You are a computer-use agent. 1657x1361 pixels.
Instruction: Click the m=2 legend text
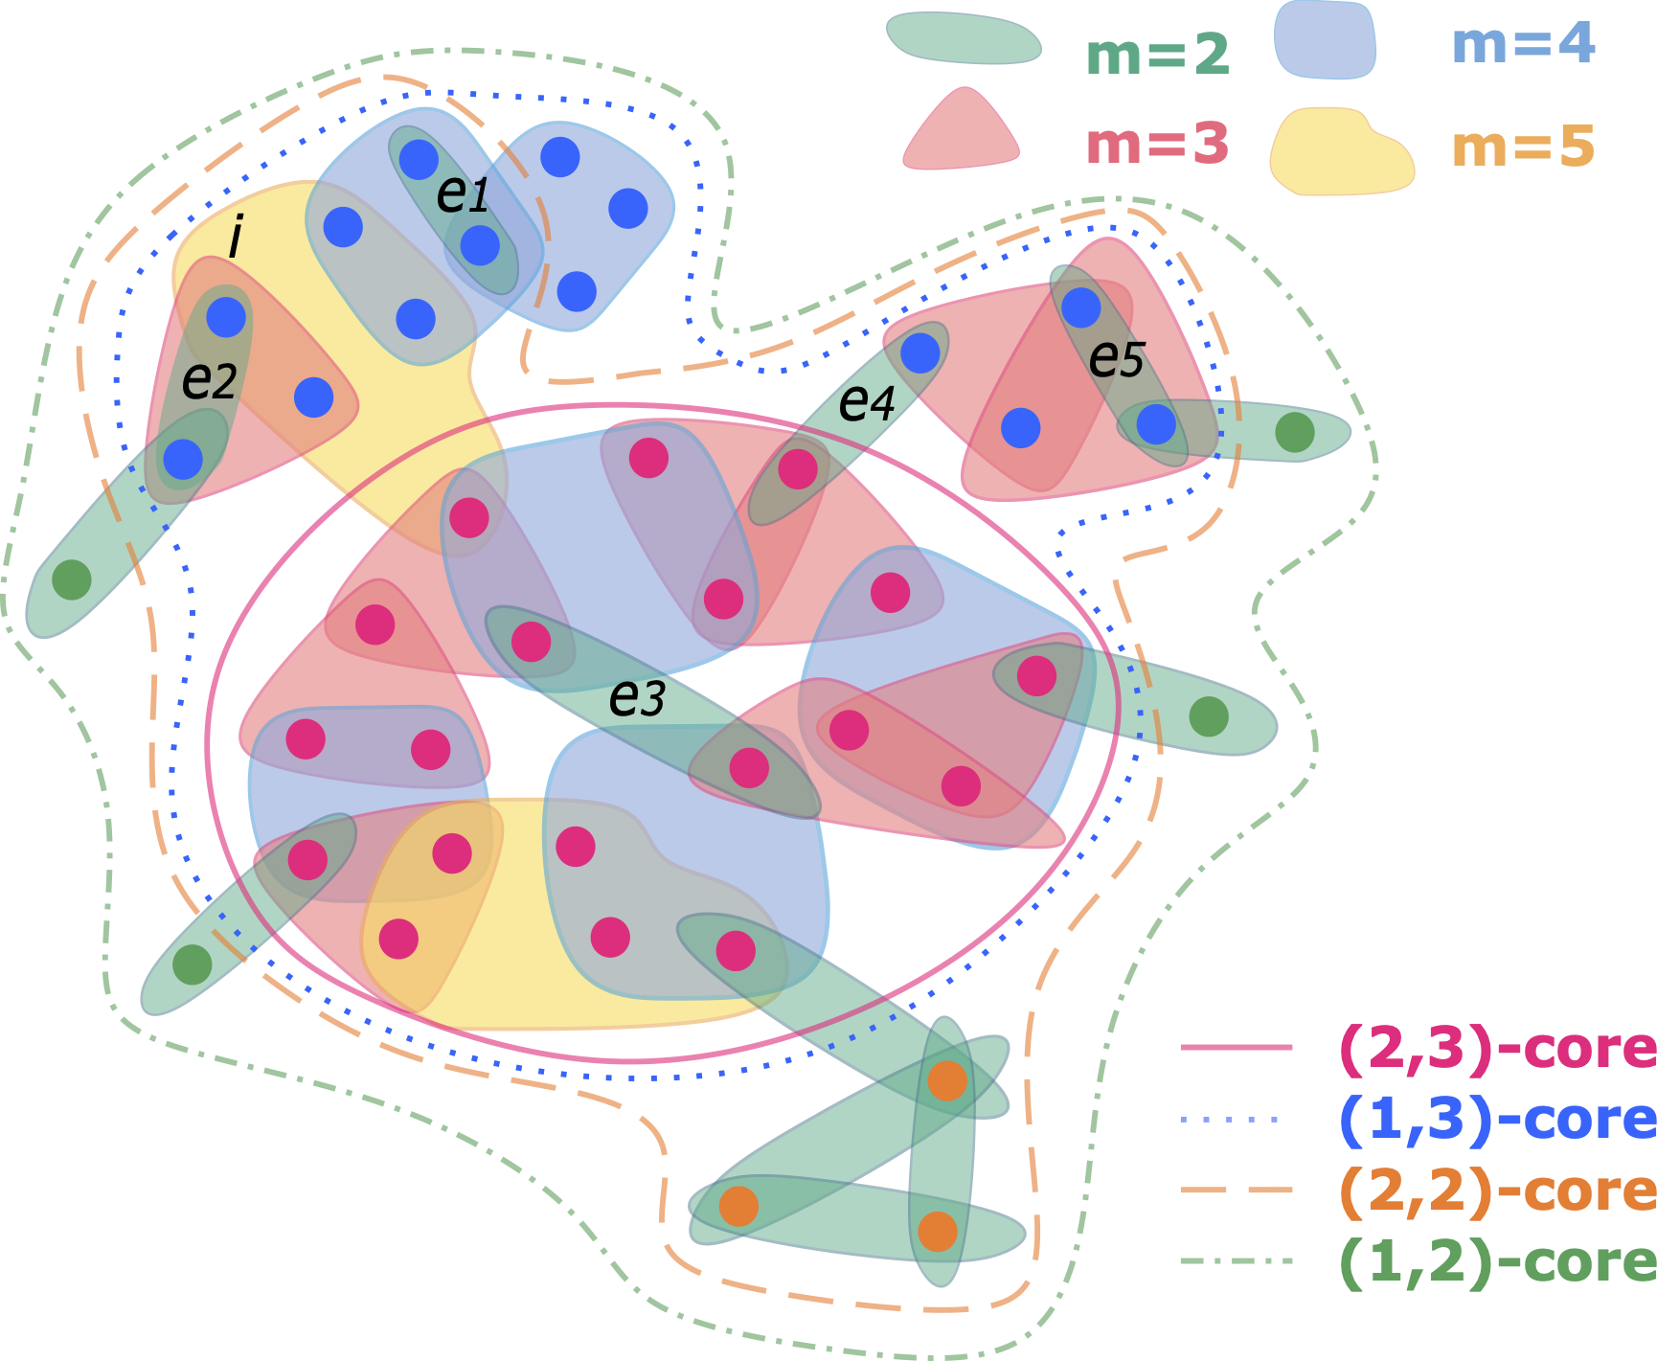click(1157, 55)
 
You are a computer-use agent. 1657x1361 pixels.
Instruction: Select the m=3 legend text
click(1157, 145)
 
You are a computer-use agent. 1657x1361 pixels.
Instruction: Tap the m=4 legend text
click(1523, 43)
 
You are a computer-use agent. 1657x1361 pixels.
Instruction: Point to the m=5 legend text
click(1523, 147)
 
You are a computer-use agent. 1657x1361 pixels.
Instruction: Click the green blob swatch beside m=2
click(964, 38)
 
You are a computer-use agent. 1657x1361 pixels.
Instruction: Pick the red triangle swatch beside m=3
click(962, 129)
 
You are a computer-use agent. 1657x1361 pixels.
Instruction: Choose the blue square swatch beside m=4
click(1325, 39)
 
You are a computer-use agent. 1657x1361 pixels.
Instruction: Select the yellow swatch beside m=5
click(1341, 152)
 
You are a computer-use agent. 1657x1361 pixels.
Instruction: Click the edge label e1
click(463, 194)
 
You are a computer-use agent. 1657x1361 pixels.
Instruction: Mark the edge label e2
click(209, 381)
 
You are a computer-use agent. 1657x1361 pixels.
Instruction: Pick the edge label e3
click(637, 697)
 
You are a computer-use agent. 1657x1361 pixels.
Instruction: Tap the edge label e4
click(867, 402)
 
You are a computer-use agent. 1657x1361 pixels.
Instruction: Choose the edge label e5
click(1117, 359)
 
